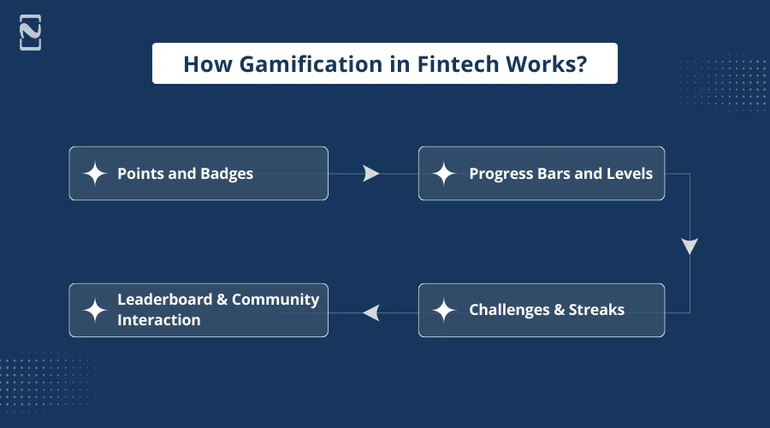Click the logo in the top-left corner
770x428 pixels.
coord(31,33)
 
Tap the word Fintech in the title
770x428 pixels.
coord(453,64)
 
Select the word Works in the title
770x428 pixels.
coord(539,64)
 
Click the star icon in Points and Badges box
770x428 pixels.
coord(95,174)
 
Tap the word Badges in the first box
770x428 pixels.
coord(227,174)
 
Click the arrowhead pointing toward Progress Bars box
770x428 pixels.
coord(370,174)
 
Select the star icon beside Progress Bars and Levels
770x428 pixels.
coord(444,174)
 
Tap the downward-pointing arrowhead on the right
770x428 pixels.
coord(690,247)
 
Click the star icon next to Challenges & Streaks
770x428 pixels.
coord(444,310)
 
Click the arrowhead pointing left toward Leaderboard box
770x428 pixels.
coord(370,312)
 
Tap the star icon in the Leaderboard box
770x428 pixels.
coord(95,310)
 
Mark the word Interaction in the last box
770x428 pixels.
coord(159,320)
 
